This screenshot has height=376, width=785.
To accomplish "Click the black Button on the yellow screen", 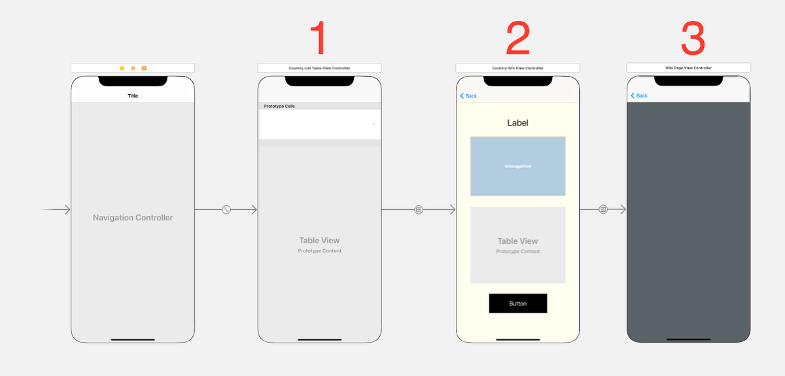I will click(x=517, y=303).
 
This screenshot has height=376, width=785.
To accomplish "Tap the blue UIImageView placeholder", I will click(x=517, y=166).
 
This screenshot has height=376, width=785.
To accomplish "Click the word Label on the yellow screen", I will click(x=517, y=122).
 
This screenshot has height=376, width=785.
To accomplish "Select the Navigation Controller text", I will click(x=133, y=218).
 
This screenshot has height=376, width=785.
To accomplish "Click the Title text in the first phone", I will click(x=133, y=96).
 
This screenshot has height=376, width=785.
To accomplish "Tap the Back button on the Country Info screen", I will click(x=469, y=96).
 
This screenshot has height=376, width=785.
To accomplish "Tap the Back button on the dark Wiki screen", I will click(x=639, y=95).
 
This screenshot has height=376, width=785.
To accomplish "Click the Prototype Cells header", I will click(x=279, y=106).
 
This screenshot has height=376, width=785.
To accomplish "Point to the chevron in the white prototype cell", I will click(x=374, y=124).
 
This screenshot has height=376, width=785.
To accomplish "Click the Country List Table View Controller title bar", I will click(x=319, y=68).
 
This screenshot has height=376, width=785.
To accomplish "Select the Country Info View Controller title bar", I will click(x=517, y=68).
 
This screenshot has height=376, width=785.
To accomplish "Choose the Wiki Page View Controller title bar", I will click(x=688, y=68).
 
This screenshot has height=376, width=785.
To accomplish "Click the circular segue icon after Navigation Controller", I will click(x=226, y=210).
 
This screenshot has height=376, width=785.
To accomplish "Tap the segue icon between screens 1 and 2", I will click(x=419, y=210).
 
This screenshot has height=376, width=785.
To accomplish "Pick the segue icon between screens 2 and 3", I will click(x=603, y=210).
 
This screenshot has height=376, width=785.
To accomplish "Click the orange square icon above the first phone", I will click(x=144, y=68).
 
